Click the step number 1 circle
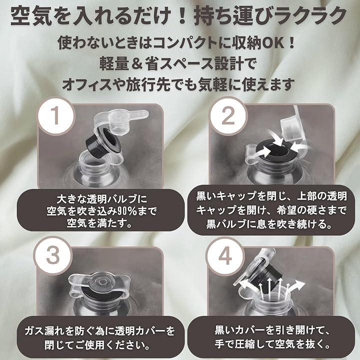click(x=55, y=115)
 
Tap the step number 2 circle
click(x=228, y=115)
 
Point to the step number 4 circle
click(x=225, y=256)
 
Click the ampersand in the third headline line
click(x=137, y=63)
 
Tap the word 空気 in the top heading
click(x=30, y=15)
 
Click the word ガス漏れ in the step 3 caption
click(x=45, y=331)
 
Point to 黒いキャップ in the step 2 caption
click(x=227, y=196)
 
